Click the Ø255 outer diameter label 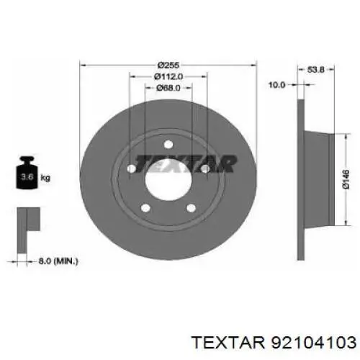168,65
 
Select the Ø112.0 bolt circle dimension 168,76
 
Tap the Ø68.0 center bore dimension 168,88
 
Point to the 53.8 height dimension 315,70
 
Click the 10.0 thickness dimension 276,85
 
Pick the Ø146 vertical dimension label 346,179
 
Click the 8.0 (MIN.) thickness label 58,261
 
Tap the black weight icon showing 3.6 27,172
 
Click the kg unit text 45,178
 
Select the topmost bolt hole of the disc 168,145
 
